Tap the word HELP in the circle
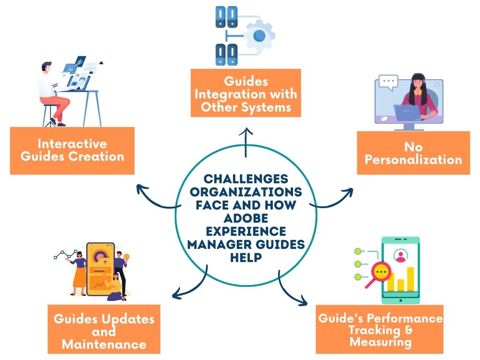[246, 257]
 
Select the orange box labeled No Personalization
[413, 153]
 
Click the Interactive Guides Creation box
[72, 150]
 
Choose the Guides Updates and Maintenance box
[104, 331]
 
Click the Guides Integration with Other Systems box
[246, 94]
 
